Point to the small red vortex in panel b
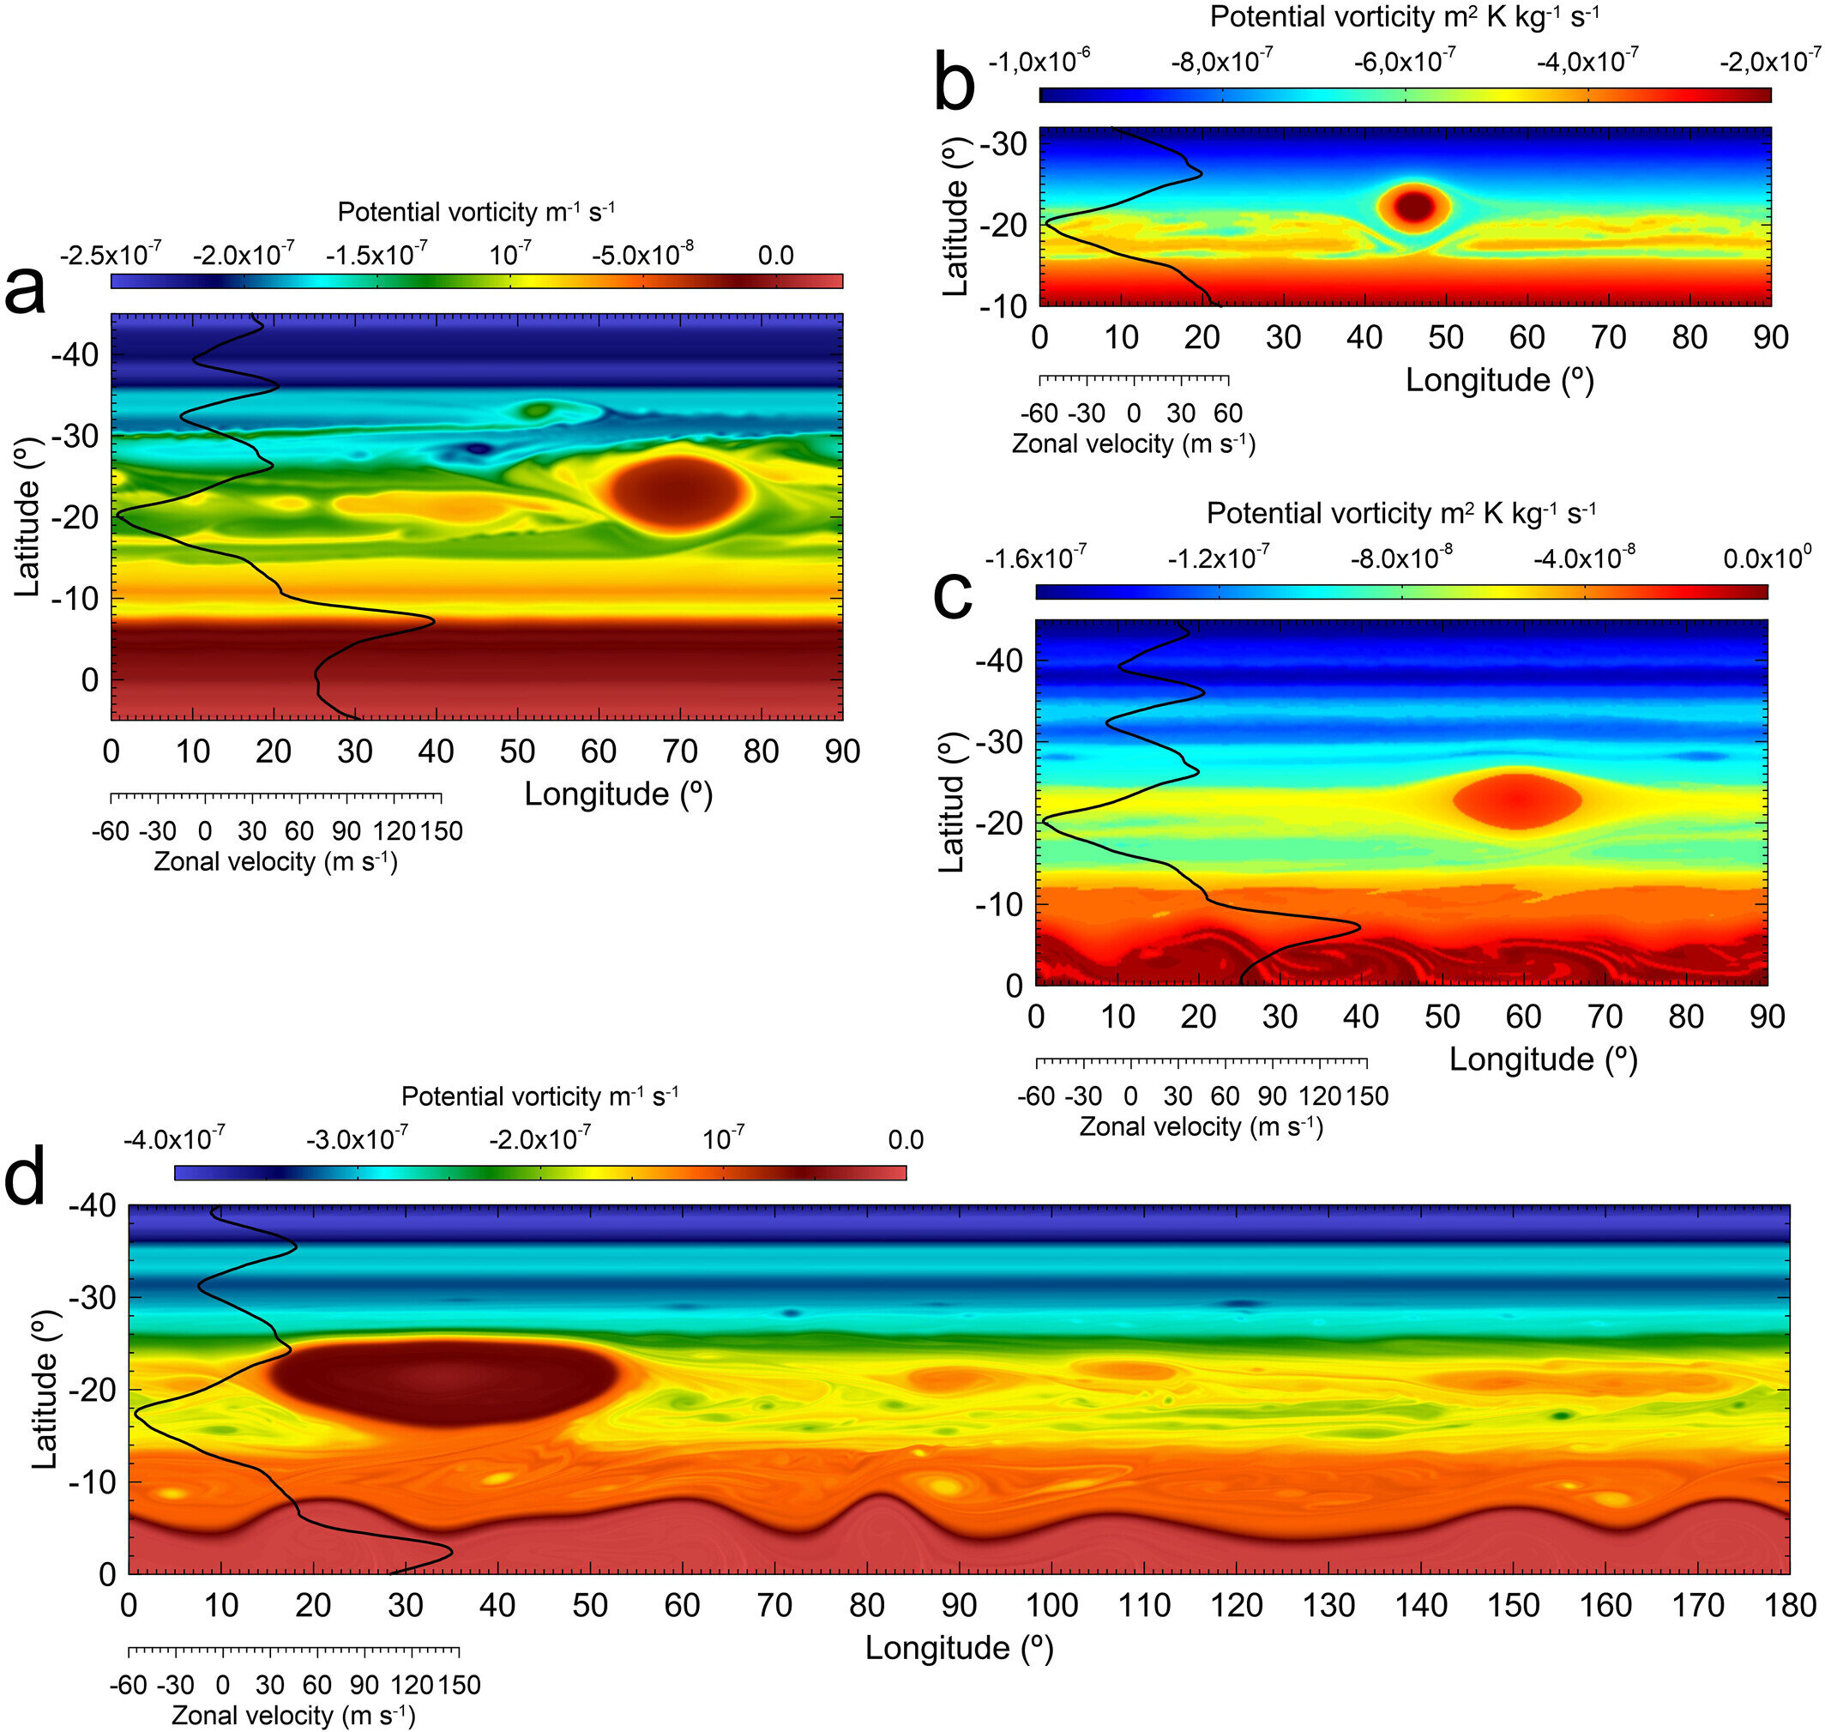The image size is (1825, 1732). pos(1413,206)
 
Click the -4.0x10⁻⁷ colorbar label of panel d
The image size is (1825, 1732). pos(173,1138)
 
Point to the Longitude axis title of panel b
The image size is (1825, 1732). pos(1499,380)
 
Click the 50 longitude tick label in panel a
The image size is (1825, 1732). pos(517,751)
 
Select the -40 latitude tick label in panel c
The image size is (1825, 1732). pos(999,661)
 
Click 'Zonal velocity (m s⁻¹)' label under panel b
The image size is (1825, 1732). pos(1134,444)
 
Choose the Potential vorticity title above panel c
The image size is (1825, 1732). pos(1401,513)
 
